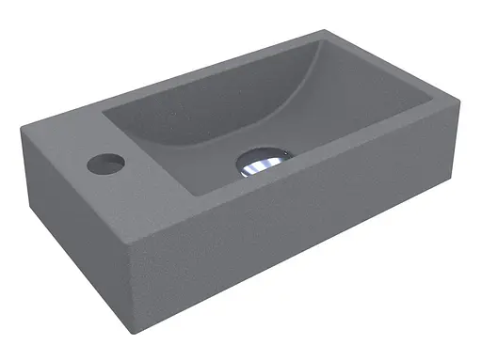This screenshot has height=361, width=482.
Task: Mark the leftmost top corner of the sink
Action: [21, 133]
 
